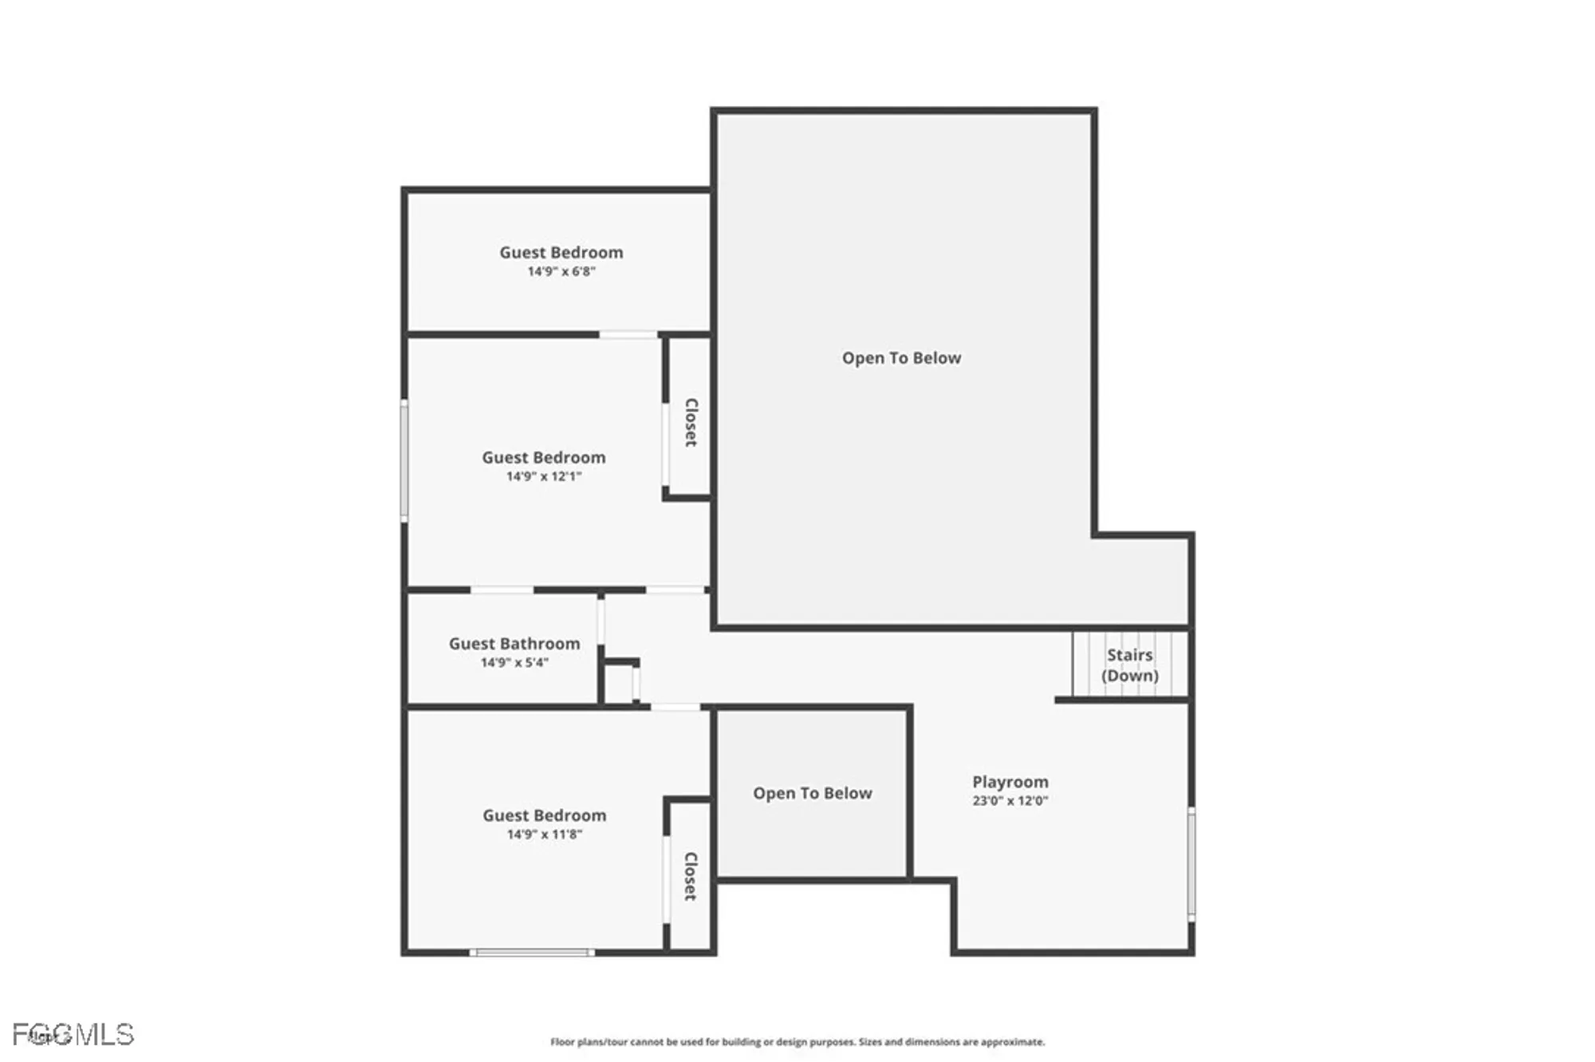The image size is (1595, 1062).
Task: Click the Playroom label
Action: click(x=1010, y=782)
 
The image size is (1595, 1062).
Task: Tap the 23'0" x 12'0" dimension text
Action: click(x=1010, y=801)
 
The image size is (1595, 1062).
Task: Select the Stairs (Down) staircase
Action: click(x=1129, y=665)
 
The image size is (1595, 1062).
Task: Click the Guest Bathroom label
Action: click(x=514, y=643)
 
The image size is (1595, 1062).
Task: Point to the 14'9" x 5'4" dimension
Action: click(x=514, y=662)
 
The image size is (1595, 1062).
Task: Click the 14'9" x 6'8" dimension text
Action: click(x=561, y=271)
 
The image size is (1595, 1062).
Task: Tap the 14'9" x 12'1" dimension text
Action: click(x=544, y=476)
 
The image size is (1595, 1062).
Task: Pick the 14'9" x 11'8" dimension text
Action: click(x=545, y=835)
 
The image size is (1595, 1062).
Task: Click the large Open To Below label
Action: click(x=901, y=358)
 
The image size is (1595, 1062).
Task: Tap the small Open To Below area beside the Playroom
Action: click(x=812, y=793)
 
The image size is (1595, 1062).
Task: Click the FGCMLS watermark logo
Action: click(x=73, y=1035)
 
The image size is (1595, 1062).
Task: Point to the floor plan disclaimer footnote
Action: click(x=797, y=1042)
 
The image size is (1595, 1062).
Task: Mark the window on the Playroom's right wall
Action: click(x=1191, y=864)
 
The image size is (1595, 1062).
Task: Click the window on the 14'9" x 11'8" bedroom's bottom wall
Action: click(x=531, y=952)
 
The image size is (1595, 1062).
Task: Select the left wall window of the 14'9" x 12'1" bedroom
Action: click(x=404, y=461)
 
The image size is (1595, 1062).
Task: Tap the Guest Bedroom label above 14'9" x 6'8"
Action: click(x=561, y=252)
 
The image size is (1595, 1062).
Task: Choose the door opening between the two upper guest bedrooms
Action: click(x=628, y=334)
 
